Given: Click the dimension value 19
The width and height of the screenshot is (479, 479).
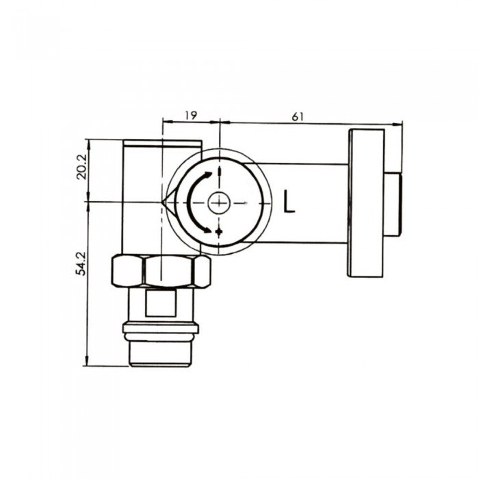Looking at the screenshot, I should click(190, 116).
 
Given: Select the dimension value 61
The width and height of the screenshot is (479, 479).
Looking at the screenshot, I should click(297, 116).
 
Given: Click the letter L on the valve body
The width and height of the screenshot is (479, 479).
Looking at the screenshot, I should click(289, 203).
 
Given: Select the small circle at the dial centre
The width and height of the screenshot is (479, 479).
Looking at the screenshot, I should click(218, 203).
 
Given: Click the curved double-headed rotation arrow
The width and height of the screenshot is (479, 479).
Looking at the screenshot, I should click(194, 203).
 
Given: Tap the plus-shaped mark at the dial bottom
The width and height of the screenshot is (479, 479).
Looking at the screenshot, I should click(218, 233).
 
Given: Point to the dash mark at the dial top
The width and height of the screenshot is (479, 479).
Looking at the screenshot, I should click(218, 171).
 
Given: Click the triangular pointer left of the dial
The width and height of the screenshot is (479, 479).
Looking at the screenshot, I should click(168, 203).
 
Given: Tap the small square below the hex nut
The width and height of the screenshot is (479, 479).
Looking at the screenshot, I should click(161, 302).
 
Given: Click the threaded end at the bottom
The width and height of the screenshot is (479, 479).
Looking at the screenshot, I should click(161, 352).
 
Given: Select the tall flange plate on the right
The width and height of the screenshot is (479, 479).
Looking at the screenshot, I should click(365, 203).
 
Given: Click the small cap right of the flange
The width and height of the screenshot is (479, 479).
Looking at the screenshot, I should click(392, 203).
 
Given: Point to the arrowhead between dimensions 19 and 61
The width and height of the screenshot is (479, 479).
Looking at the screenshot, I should click(218, 124).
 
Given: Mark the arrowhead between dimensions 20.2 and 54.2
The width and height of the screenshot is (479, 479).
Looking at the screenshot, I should click(88, 203).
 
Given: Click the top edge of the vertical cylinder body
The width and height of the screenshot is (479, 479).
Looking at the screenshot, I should click(161, 141).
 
